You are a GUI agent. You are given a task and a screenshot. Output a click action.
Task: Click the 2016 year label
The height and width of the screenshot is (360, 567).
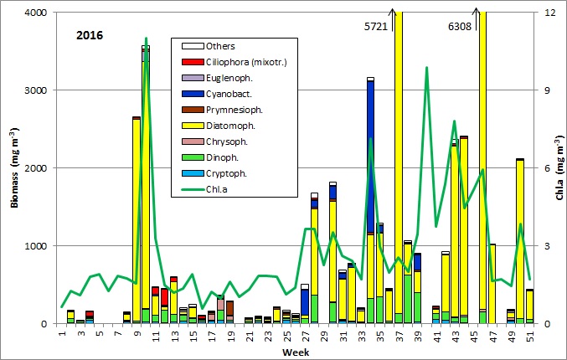pyautogui.click(x=90, y=37)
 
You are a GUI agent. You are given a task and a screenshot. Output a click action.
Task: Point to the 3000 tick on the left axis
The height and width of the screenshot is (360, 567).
pyautogui.click(x=36, y=90)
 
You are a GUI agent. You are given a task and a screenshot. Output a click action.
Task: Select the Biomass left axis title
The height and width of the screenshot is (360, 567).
pyautogui.click(x=10, y=167)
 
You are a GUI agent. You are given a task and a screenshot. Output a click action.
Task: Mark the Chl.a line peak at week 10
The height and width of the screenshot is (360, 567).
pyautogui.click(x=146, y=39)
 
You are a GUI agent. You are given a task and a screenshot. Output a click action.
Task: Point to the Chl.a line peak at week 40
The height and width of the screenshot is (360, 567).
pyautogui.click(x=427, y=67)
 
